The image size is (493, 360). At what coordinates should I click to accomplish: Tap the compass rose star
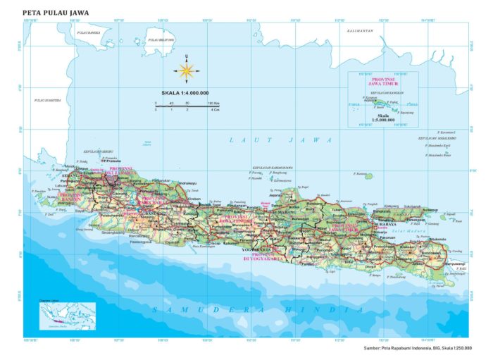coord(187,69)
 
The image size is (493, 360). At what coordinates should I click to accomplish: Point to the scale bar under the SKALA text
coord(185,104)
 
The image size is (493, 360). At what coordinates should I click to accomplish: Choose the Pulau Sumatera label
coord(48,101)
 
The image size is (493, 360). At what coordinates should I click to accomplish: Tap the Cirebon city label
coord(194,199)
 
